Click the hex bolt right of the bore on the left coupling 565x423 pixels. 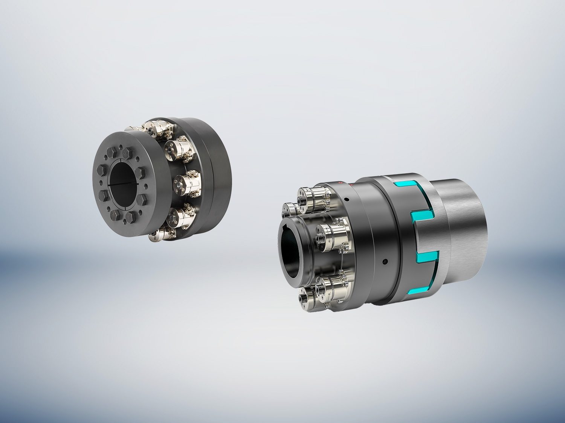pyautogui.click(x=140, y=173)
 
